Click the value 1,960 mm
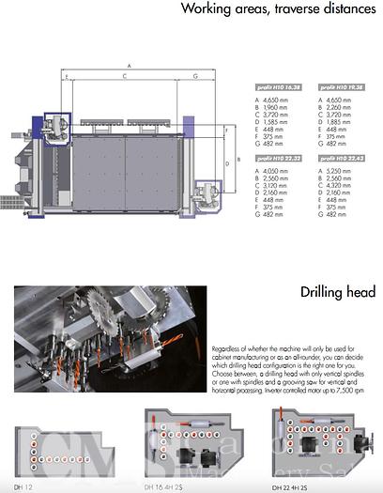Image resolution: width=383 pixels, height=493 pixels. click(279, 106)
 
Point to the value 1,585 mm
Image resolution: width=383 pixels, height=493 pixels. click(279, 121)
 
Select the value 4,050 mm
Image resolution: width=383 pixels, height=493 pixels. click(279, 171)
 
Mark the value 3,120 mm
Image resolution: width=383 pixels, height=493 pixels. click(279, 186)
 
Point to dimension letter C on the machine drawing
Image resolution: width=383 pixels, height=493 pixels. click(124, 75)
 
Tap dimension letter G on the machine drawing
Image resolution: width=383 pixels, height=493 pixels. click(194, 75)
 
